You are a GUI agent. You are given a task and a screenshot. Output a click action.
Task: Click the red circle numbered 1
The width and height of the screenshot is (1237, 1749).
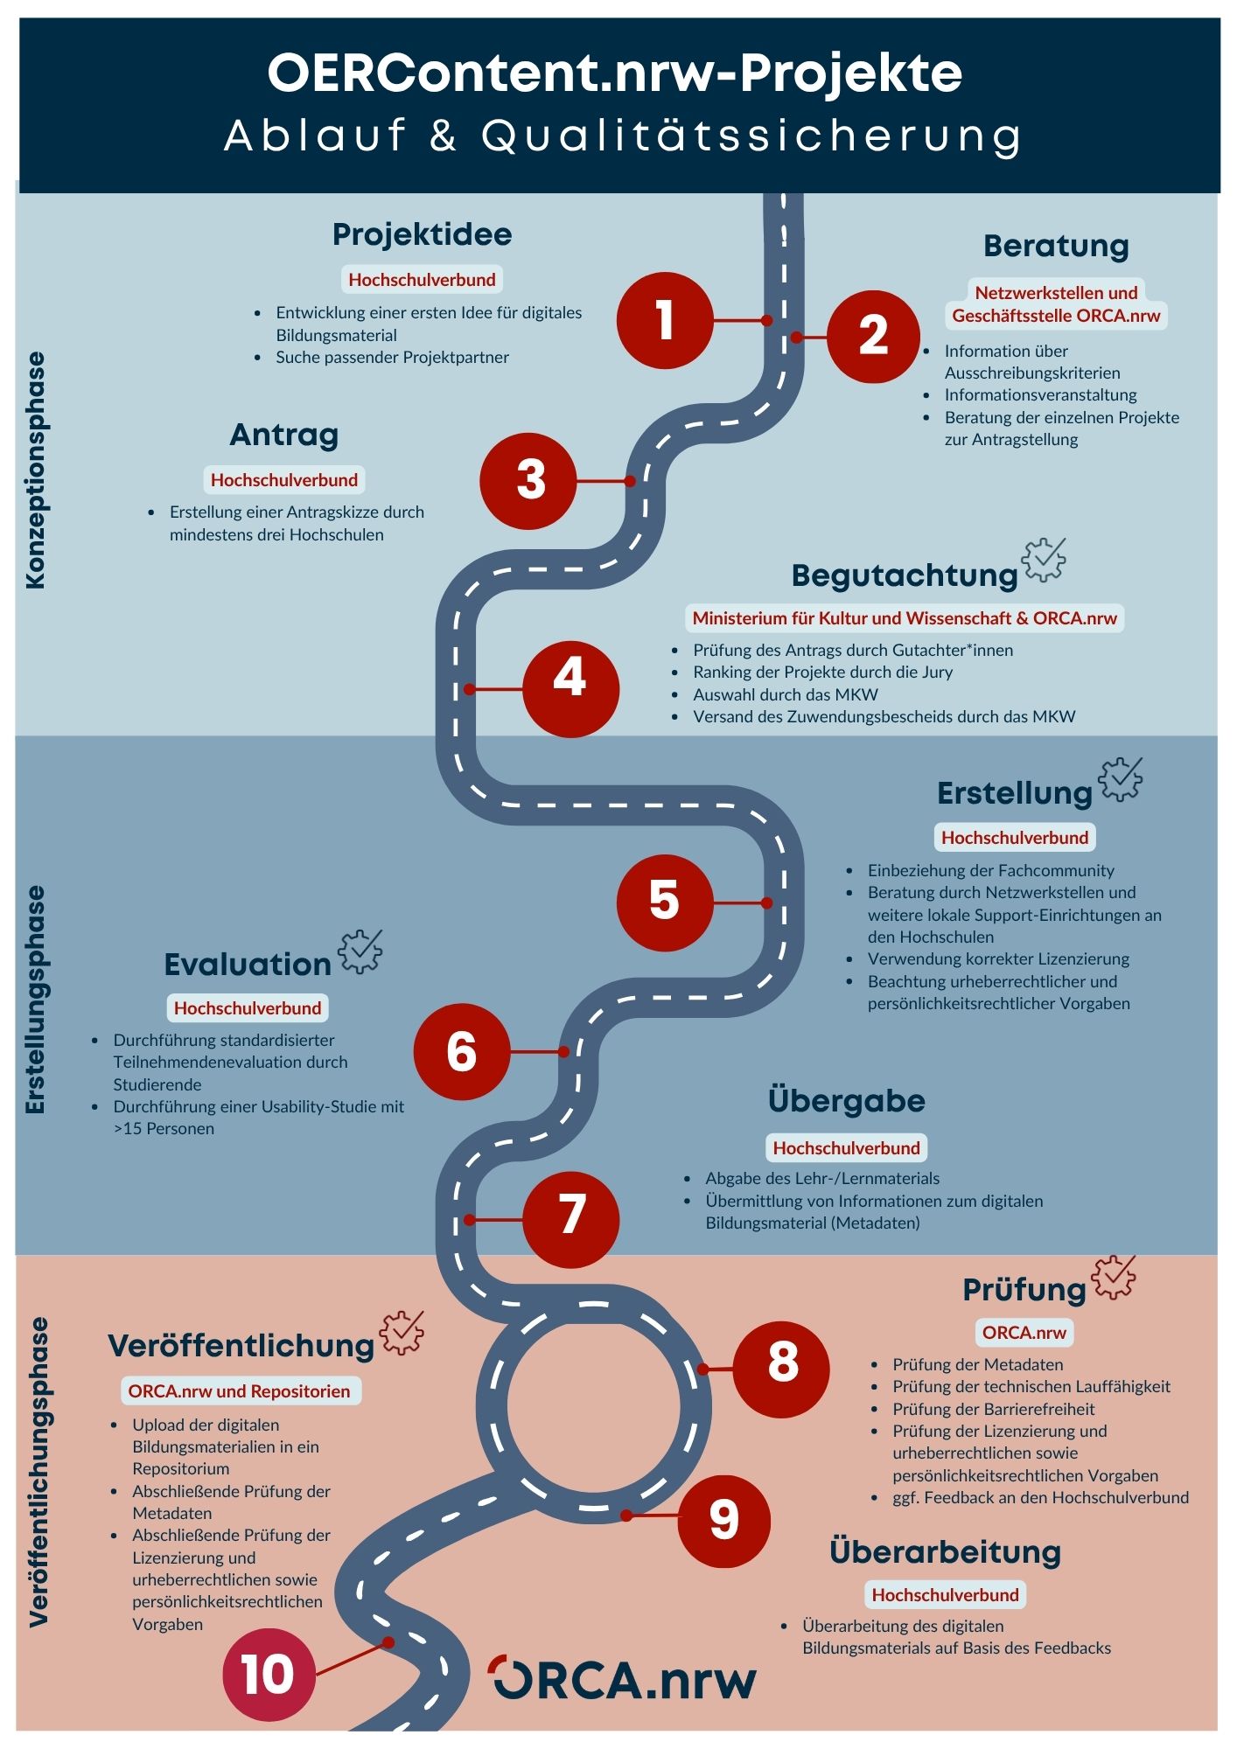click(665, 320)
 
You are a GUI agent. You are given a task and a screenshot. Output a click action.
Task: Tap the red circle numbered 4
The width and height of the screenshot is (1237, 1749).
click(570, 689)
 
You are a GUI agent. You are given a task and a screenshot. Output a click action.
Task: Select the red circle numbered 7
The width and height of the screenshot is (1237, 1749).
click(570, 1219)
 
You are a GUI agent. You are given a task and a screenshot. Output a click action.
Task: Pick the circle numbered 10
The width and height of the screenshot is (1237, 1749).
click(269, 1675)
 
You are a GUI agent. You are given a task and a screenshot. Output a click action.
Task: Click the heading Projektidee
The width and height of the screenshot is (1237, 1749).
click(422, 234)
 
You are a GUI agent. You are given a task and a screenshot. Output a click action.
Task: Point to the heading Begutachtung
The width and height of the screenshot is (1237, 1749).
click(905, 575)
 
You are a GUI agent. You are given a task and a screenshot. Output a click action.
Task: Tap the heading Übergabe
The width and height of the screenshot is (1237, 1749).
click(846, 1100)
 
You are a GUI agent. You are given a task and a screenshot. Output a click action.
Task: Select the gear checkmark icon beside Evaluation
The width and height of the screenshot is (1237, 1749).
click(360, 951)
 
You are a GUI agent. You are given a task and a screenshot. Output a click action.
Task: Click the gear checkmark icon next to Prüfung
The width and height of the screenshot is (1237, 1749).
click(1113, 1278)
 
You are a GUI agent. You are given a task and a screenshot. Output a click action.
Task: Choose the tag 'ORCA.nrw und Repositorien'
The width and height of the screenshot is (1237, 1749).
click(239, 1391)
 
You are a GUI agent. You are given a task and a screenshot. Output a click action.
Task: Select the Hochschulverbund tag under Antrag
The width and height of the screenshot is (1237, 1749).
click(284, 480)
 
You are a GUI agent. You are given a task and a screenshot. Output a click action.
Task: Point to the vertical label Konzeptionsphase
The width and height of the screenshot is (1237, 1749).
click(36, 470)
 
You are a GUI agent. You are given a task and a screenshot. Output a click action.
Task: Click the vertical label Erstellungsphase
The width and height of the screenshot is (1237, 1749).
click(36, 1000)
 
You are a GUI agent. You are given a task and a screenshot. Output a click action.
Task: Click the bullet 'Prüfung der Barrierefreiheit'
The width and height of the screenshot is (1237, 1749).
click(993, 1409)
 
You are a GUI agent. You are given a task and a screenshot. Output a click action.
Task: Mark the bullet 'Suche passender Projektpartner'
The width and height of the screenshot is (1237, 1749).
click(392, 357)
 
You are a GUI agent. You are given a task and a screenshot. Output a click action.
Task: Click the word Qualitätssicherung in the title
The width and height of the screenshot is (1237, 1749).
click(751, 136)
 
